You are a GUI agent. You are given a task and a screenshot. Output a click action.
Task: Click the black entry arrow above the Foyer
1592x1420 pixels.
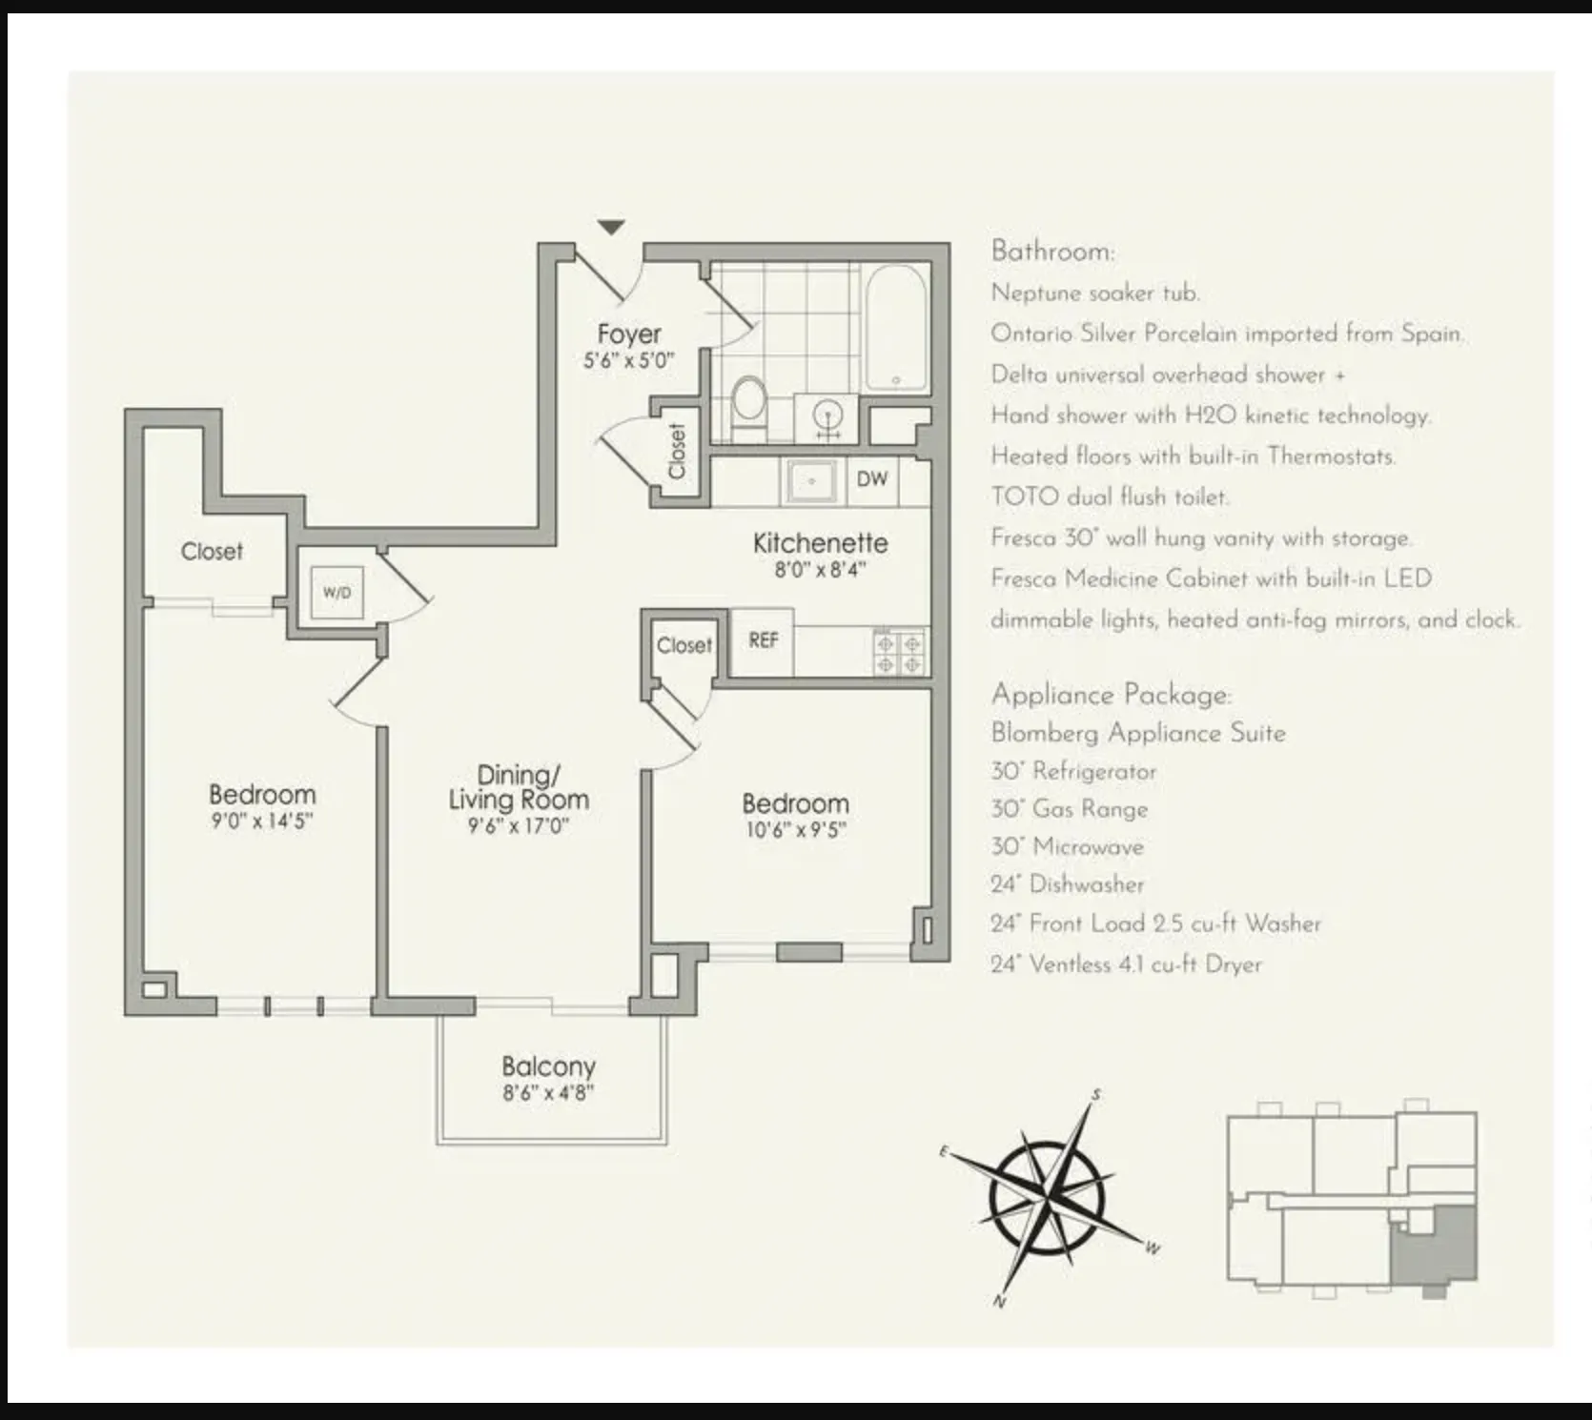pyautogui.click(x=611, y=227)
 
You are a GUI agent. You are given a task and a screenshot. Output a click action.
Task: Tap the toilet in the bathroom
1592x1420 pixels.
pyautogui.click(x=749, y=401)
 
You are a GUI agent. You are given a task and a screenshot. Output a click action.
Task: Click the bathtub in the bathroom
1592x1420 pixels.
pyautogui.click(x=896, y=328)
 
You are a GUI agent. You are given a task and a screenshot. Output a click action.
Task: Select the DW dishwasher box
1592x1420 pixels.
pyautogui.click(x=871, y=479)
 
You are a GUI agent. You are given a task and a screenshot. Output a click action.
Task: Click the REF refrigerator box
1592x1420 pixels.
pyautogui.click(x=763, y=640)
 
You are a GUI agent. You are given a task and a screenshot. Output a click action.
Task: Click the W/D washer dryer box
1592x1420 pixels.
pyautogui.click(x=337, y=592)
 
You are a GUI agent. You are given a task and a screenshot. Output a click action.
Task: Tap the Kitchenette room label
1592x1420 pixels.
pyautogui.click(x=820, y=543)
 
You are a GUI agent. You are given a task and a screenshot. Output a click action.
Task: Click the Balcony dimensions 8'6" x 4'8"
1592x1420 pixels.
pyautogui.click(x=548, y=1093)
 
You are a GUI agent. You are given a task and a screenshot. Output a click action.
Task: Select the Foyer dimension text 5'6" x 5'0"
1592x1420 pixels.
pyautogui.click(x=628, y=361)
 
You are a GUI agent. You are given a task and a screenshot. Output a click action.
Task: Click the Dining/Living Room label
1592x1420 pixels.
pyautogui.click(x=519, y=787)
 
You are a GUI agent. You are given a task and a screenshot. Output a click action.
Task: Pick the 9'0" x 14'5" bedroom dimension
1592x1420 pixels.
pyautogui.click(x=262, y=821)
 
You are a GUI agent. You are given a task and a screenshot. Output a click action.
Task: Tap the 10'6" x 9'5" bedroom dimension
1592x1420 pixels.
pyautogui.click(x=795, y=830)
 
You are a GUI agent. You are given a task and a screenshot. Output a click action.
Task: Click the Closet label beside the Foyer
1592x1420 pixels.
pyautogui.click(x=677, y=450)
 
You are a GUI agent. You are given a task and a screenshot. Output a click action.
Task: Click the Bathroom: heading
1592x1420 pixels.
pyautogui.click(x=1052, y=252)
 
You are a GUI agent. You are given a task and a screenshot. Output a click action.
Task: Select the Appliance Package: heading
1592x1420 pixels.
pyautogui.click(x=1111, y=694)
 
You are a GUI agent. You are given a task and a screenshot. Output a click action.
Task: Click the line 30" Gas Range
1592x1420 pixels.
pyautogui.click(x=1069, y=809)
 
